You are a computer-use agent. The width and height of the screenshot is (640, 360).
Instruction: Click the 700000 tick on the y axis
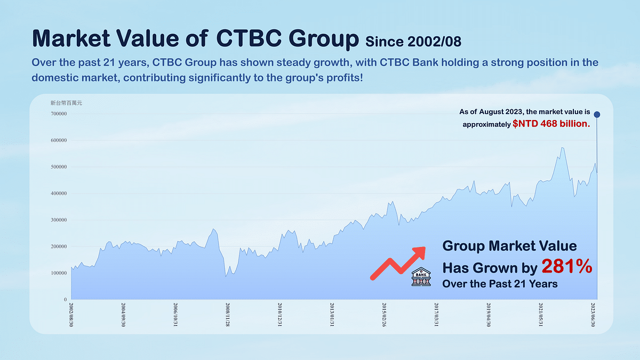coord(58,114)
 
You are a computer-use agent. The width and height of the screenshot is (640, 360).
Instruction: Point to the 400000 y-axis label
coord(58,194)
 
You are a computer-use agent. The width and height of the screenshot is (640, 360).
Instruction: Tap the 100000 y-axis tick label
coord(58,273)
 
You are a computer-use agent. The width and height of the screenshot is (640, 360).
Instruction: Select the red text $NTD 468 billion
coord(550,124)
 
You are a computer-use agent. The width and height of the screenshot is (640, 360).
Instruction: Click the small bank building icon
coord(421,276)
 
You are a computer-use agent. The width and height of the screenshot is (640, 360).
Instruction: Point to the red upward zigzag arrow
coord(398,262)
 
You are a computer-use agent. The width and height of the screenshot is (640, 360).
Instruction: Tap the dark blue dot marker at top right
coord(597,115)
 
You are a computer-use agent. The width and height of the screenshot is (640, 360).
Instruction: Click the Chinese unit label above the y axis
coord(62,102)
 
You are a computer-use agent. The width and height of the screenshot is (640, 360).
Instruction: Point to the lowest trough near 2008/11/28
coord(226,276)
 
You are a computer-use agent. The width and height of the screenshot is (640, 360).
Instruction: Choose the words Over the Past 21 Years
coord(500,284)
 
